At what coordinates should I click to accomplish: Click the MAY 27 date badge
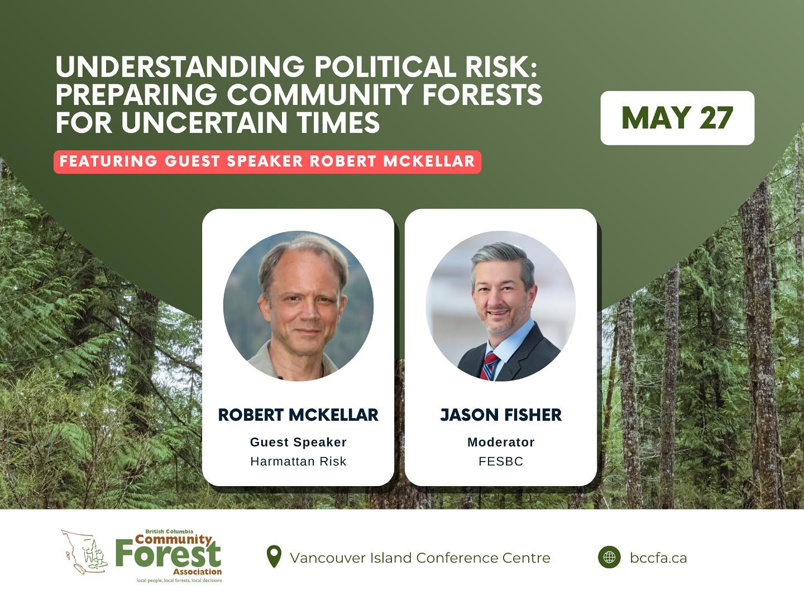tap(677, 118)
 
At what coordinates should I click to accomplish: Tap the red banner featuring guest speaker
tap(267, 161)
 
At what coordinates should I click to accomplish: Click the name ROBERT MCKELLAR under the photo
tap(298, 415)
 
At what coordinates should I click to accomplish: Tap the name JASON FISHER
tap(501, 415)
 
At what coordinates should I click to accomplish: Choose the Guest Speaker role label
tap(298, 442)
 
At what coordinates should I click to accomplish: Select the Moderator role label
tap(501, 442)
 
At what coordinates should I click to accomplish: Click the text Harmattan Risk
tap(298, 461)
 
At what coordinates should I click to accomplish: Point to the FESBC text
tap(501, 461)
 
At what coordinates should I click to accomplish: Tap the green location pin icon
tap(274, 556)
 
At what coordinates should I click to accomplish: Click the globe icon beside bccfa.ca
tap(609, 557)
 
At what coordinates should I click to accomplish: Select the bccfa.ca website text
tap(658, 558)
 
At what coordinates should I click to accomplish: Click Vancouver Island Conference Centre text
tap(420, 558)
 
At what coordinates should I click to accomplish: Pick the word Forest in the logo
tap(169, 553)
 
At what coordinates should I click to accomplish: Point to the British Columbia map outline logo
tap(85, 552)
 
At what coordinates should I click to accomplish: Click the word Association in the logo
tap(198, 572)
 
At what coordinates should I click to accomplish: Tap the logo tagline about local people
tap(179, 581)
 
